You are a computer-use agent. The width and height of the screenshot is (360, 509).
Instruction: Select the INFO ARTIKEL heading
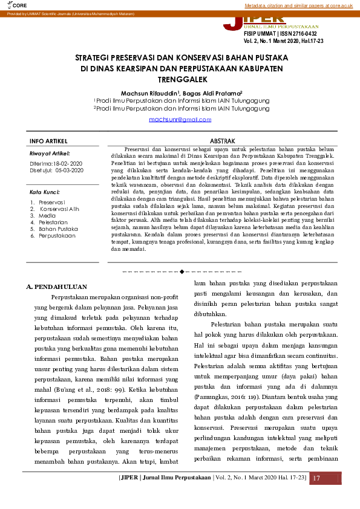48,141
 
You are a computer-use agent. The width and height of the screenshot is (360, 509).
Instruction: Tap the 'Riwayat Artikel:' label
50,154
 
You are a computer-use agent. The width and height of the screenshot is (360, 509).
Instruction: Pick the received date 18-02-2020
68,164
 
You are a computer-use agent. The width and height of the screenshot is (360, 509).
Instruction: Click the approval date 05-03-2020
69,170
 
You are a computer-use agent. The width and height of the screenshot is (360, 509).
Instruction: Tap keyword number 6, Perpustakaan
57,236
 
